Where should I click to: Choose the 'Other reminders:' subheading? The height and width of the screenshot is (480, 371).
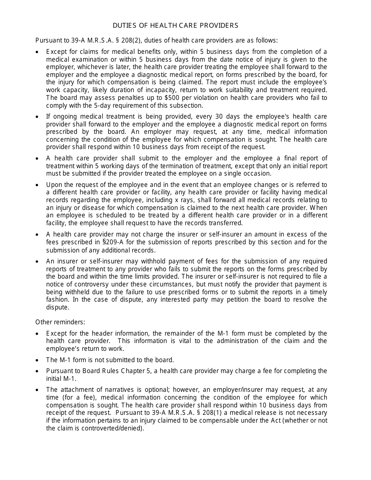pos(60,322)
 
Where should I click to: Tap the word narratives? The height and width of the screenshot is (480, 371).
pos(114,390)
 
